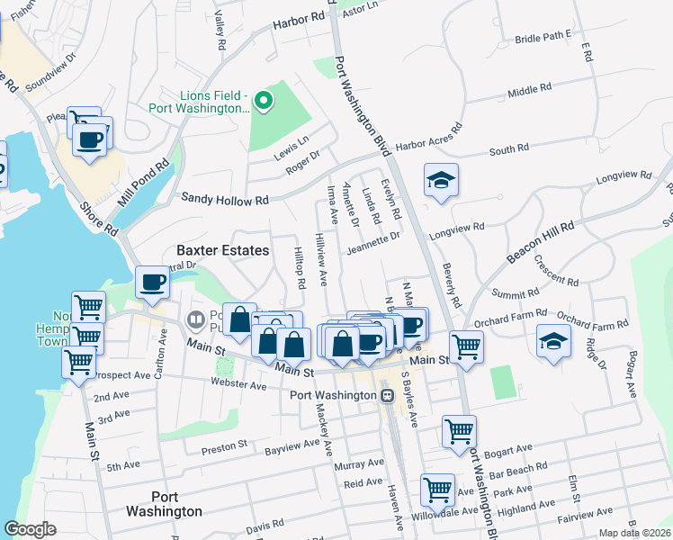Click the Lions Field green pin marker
tap(264, 102)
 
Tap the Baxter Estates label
tap(223, 251)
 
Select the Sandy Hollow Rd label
tap(225, 199)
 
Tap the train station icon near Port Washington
tap(387, 396)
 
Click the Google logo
tap(30, 529)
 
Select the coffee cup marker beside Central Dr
tap(152, 283)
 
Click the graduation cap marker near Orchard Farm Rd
tap(553, 340)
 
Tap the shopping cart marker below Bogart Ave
tap(437, 490)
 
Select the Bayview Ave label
tap(294, 444)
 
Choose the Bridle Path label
tap(543, 37)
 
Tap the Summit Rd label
tap(516, 293)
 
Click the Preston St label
tap(224, 446)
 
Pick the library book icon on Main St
tap(195, 319)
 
